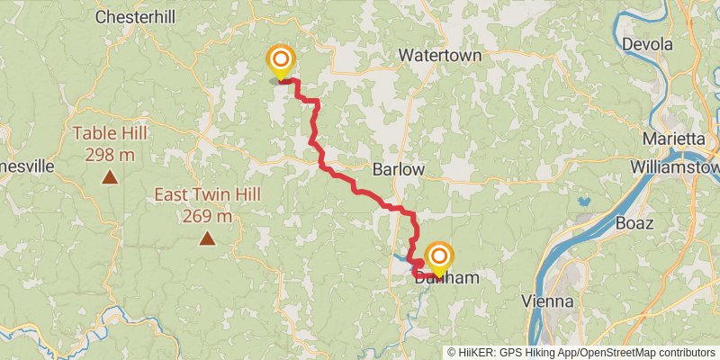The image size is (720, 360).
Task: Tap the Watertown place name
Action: point(440,55)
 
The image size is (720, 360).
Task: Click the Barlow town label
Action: point(398,169)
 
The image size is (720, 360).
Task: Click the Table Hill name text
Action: point(110,134)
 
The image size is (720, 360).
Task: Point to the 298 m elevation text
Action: point(110,154)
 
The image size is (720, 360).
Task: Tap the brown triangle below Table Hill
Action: point(110,177)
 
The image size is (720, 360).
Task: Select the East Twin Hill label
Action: point(207,194)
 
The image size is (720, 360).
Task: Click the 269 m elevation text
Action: point(207,215)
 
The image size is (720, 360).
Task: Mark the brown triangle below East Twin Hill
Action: point(207,238)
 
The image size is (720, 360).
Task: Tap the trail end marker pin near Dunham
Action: point(439,259)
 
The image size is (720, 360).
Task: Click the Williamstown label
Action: point(675,168)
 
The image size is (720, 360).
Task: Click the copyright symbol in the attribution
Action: point(452,352)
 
